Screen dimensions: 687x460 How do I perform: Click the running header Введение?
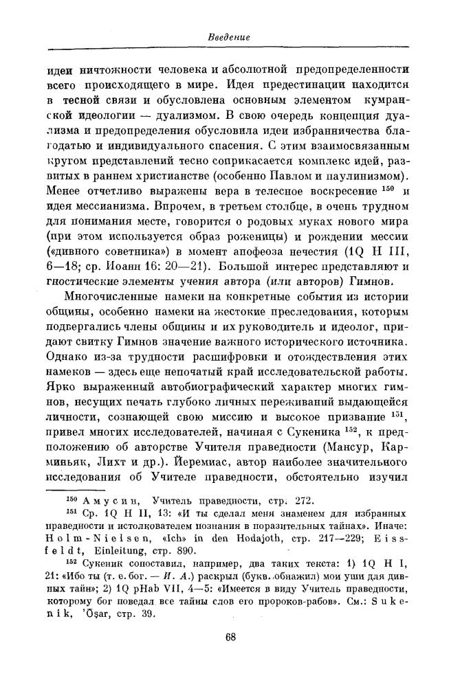click(x=229, y=36)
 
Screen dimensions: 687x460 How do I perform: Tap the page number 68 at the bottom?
click(x=230, y=655)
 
